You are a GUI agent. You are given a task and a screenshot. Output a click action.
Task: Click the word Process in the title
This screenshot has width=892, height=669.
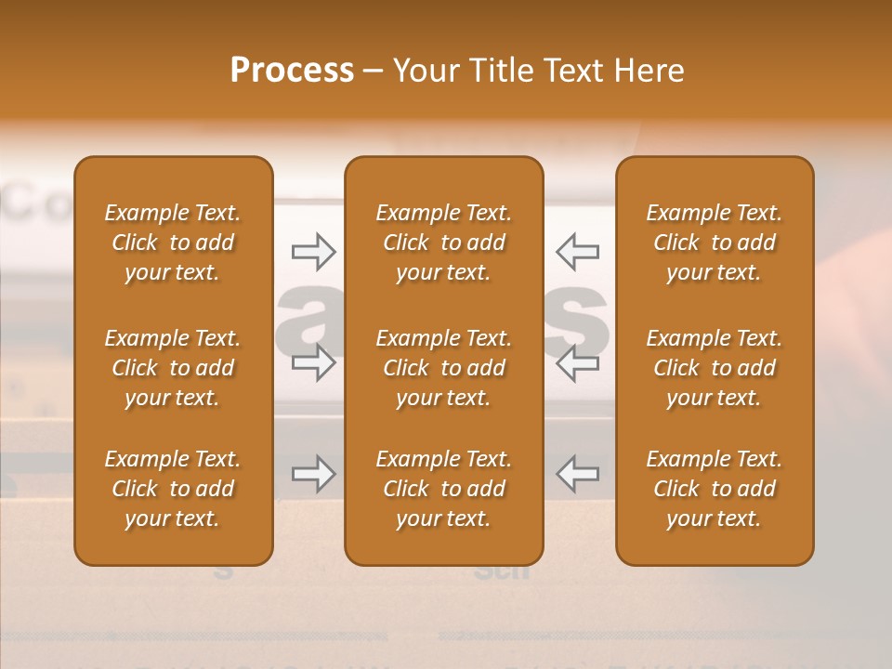(292, 71)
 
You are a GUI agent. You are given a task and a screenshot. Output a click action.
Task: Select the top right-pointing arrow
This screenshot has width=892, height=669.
(313, 251)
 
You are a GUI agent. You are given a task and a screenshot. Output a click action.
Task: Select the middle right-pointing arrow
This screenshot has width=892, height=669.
(313, 361)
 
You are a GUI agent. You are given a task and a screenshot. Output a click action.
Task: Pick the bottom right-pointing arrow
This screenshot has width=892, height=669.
(313, 474)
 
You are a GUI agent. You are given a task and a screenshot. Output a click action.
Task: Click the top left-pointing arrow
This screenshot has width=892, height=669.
(577, 251)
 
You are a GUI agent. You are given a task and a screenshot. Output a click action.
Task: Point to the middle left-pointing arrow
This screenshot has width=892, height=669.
(577, 361)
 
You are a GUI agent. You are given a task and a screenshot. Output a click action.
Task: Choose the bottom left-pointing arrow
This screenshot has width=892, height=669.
(577, 474)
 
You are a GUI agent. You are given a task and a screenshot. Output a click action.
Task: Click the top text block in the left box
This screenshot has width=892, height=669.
(173, 243)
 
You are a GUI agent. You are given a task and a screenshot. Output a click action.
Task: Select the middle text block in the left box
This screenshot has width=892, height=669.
(173, 368)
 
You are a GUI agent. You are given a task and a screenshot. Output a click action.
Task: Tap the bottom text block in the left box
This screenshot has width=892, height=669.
(173, 489)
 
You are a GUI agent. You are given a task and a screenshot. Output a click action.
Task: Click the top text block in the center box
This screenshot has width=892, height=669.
(444, 243)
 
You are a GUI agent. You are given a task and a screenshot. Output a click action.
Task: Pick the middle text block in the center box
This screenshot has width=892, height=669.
(444, 368)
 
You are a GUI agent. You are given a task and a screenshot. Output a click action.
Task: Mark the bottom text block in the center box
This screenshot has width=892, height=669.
(444, 489)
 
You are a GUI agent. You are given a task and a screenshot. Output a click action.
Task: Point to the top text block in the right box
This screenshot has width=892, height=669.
(715, 243)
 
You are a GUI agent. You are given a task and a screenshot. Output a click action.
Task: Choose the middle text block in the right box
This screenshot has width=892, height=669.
(715, 368)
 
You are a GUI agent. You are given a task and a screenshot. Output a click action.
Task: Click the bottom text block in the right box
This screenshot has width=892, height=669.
(715, 489)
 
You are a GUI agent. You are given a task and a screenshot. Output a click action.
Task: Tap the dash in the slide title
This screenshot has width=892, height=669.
(373, 72)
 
